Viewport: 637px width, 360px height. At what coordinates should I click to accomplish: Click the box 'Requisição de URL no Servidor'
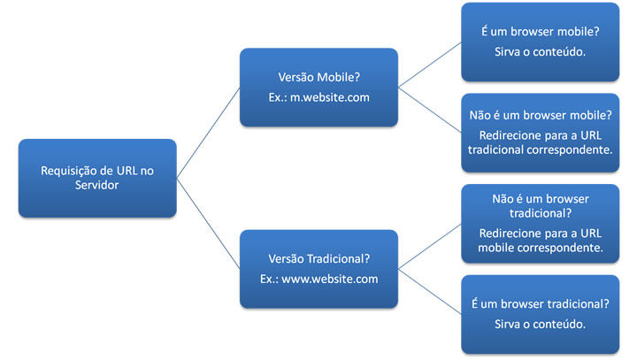tap(97, 178)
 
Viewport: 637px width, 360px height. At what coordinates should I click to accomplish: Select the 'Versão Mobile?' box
tap(318, 87)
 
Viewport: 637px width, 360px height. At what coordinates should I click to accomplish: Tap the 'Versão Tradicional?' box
tap(318, 268)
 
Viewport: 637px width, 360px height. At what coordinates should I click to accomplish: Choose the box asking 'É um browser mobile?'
tap(539, 42)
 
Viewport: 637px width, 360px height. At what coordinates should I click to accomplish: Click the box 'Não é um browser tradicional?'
tap(539, 223)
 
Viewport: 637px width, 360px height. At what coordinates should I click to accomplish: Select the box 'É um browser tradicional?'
tap(539, 314)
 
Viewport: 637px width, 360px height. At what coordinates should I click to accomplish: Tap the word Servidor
tap(97, 187)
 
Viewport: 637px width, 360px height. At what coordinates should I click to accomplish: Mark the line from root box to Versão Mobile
tap(209, 132)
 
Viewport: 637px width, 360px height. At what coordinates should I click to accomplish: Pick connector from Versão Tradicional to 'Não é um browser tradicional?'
tap(429, 246)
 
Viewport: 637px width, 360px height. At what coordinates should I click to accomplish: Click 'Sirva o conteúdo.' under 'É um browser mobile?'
tap(539, 50)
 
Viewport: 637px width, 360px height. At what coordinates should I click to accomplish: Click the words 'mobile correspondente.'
tap(539, 248)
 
